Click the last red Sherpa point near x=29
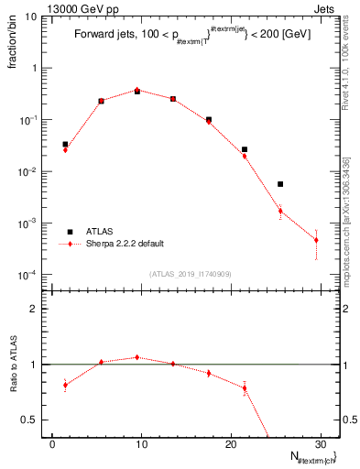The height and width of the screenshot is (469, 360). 316,240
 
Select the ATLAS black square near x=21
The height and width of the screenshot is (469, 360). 245,149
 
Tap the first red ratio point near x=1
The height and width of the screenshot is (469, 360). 65,385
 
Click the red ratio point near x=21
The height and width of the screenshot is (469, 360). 245,388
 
